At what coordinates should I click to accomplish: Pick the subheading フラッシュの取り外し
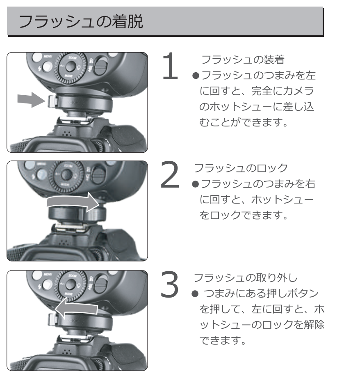click(x=244, y=277)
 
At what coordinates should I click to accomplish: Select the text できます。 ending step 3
click(x=223, y=341)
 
